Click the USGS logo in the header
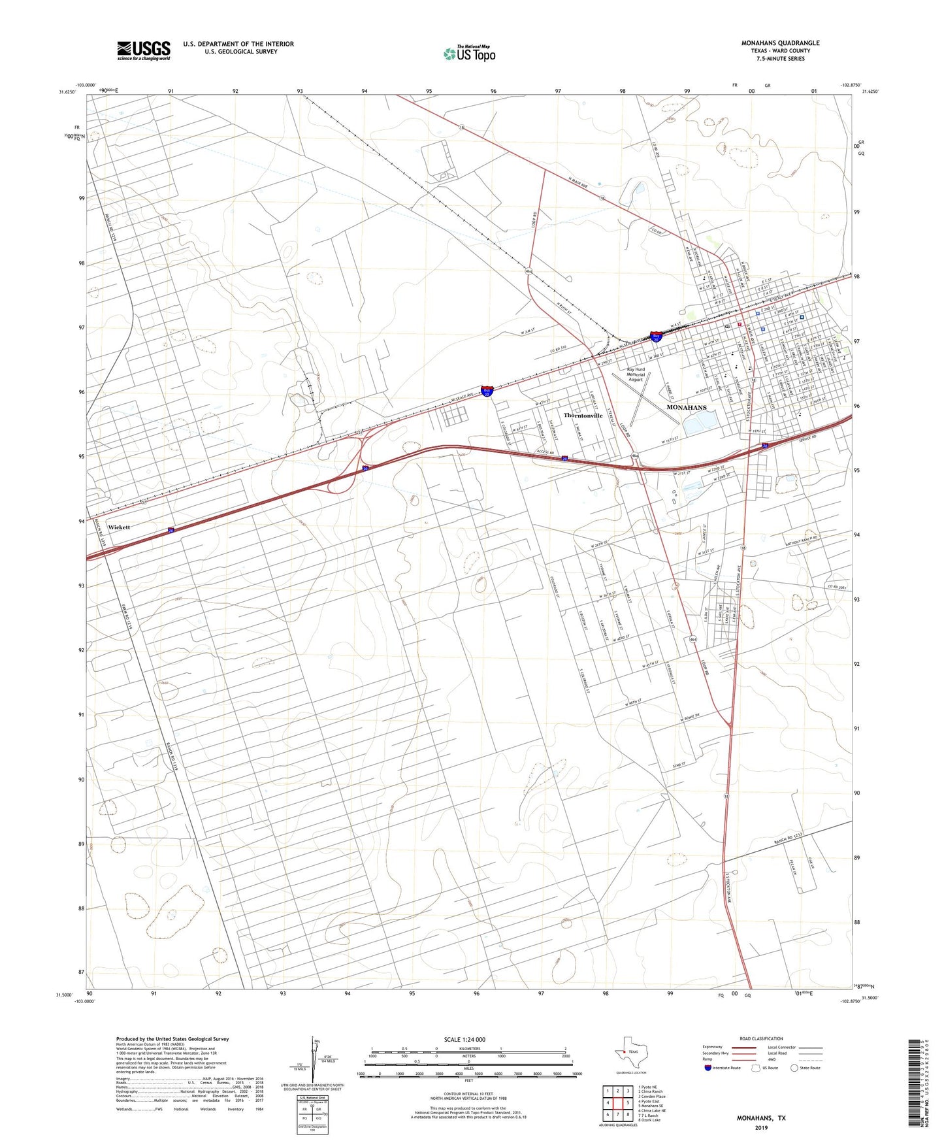click(x=144, y=50)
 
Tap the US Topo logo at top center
click(x=469, y=54)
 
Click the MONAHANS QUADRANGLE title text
click(x=780, y=43)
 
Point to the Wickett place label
click(x=119, y=527)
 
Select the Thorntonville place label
click(x=583, y=416)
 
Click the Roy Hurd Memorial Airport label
click(x=636, y=374)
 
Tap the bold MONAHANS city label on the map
click(x=686, y=407)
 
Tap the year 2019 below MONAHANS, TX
click(x=761, y=1127)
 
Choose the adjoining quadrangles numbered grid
click(x=617, y=1105)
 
